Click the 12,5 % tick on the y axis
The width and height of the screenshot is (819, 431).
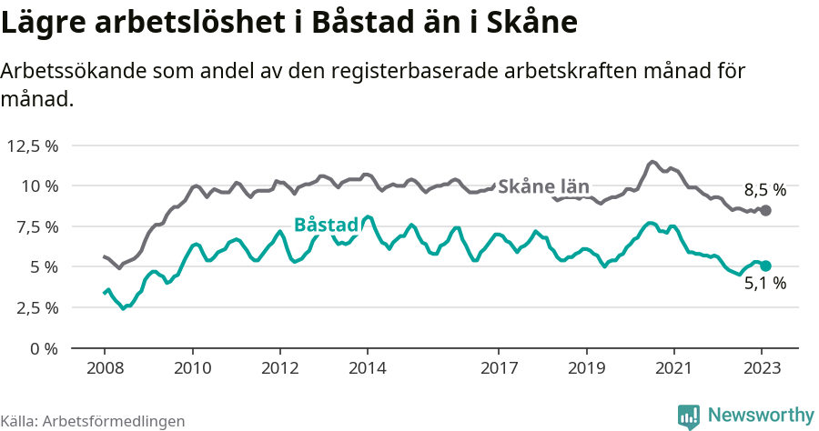(x=33, y=145)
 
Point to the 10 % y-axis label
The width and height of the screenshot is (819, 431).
(x=39, y=186)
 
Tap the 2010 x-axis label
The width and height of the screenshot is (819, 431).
(x=192, y=368)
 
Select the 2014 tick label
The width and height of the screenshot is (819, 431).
(x=368, y=368)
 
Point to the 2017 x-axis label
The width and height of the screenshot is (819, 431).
(x=499, y=368)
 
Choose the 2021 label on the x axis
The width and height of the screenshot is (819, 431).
(x=674, y=368)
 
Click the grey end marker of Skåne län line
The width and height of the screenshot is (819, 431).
(x=765, y=210)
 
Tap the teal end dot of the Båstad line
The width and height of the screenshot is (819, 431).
(x=765, y=266)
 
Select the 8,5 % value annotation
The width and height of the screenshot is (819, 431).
(x=764, y=191)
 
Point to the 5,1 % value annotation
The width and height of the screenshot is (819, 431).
(x=764, y=284)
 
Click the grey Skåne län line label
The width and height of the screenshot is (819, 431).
(x=544, y=186)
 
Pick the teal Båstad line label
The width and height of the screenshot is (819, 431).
(x=326, y=225)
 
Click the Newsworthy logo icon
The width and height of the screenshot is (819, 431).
(x=689, y=416)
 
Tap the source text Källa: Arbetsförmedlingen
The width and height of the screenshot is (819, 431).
(x=93, y=421)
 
